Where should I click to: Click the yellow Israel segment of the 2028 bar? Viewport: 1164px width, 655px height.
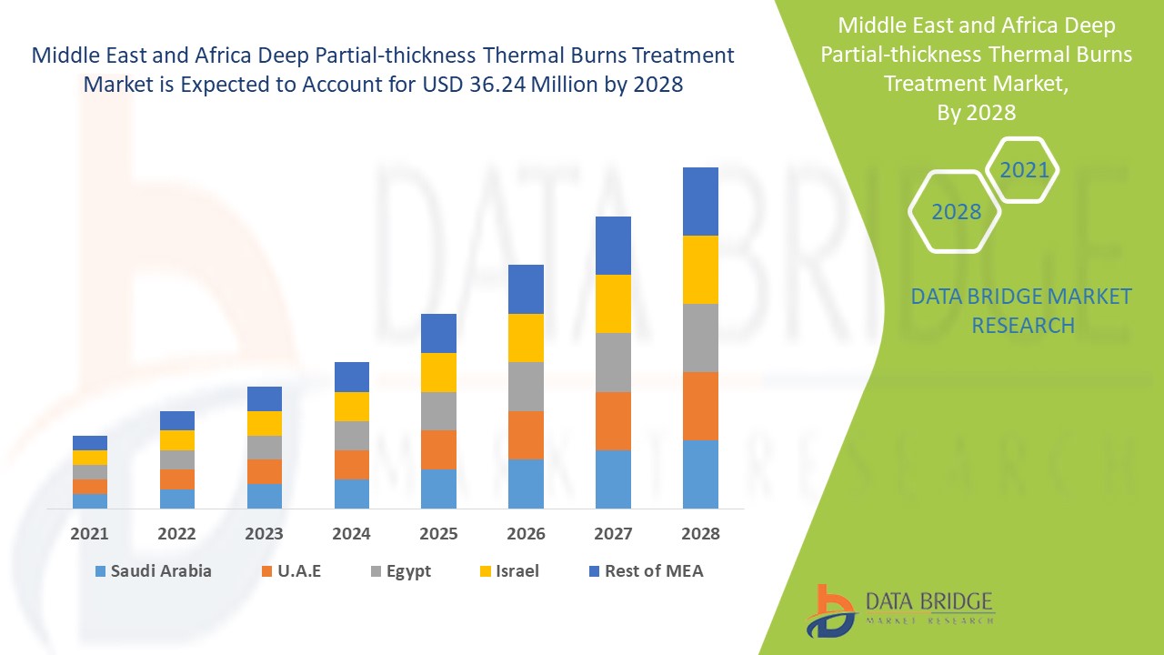tap(700, 269)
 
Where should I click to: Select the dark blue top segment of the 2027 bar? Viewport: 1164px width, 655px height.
tap(613, 246)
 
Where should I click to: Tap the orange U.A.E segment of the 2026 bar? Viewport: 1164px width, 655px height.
tap(526, 435)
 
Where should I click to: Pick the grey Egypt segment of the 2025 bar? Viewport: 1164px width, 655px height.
tap(438, 411)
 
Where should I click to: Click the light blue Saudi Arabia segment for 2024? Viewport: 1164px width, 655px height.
tap(351, 493)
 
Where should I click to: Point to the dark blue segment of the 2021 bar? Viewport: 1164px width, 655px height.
tap(90, 443)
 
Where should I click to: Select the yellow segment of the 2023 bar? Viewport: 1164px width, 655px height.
tap(265, 423)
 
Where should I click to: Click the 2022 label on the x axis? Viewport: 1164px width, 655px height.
tap(176, 534)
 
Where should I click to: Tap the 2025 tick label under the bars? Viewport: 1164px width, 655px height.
tap(438, 534)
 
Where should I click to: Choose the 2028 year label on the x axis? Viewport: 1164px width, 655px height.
tap(700, 534)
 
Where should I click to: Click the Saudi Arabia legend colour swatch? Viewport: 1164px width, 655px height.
tap(100, 571)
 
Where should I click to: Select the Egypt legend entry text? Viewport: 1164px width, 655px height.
tap(407, 571)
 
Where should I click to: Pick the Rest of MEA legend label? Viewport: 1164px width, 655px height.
tap(654, 571)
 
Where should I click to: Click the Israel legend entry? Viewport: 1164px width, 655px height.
tap(517, 571)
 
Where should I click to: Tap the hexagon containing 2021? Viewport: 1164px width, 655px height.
tap(1023, 170)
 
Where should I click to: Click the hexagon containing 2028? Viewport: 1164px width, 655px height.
tap(956, 212)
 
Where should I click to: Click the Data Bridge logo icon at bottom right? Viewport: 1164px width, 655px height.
tap(829, 610)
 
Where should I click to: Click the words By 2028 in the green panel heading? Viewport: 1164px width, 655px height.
tap(976, 113)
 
